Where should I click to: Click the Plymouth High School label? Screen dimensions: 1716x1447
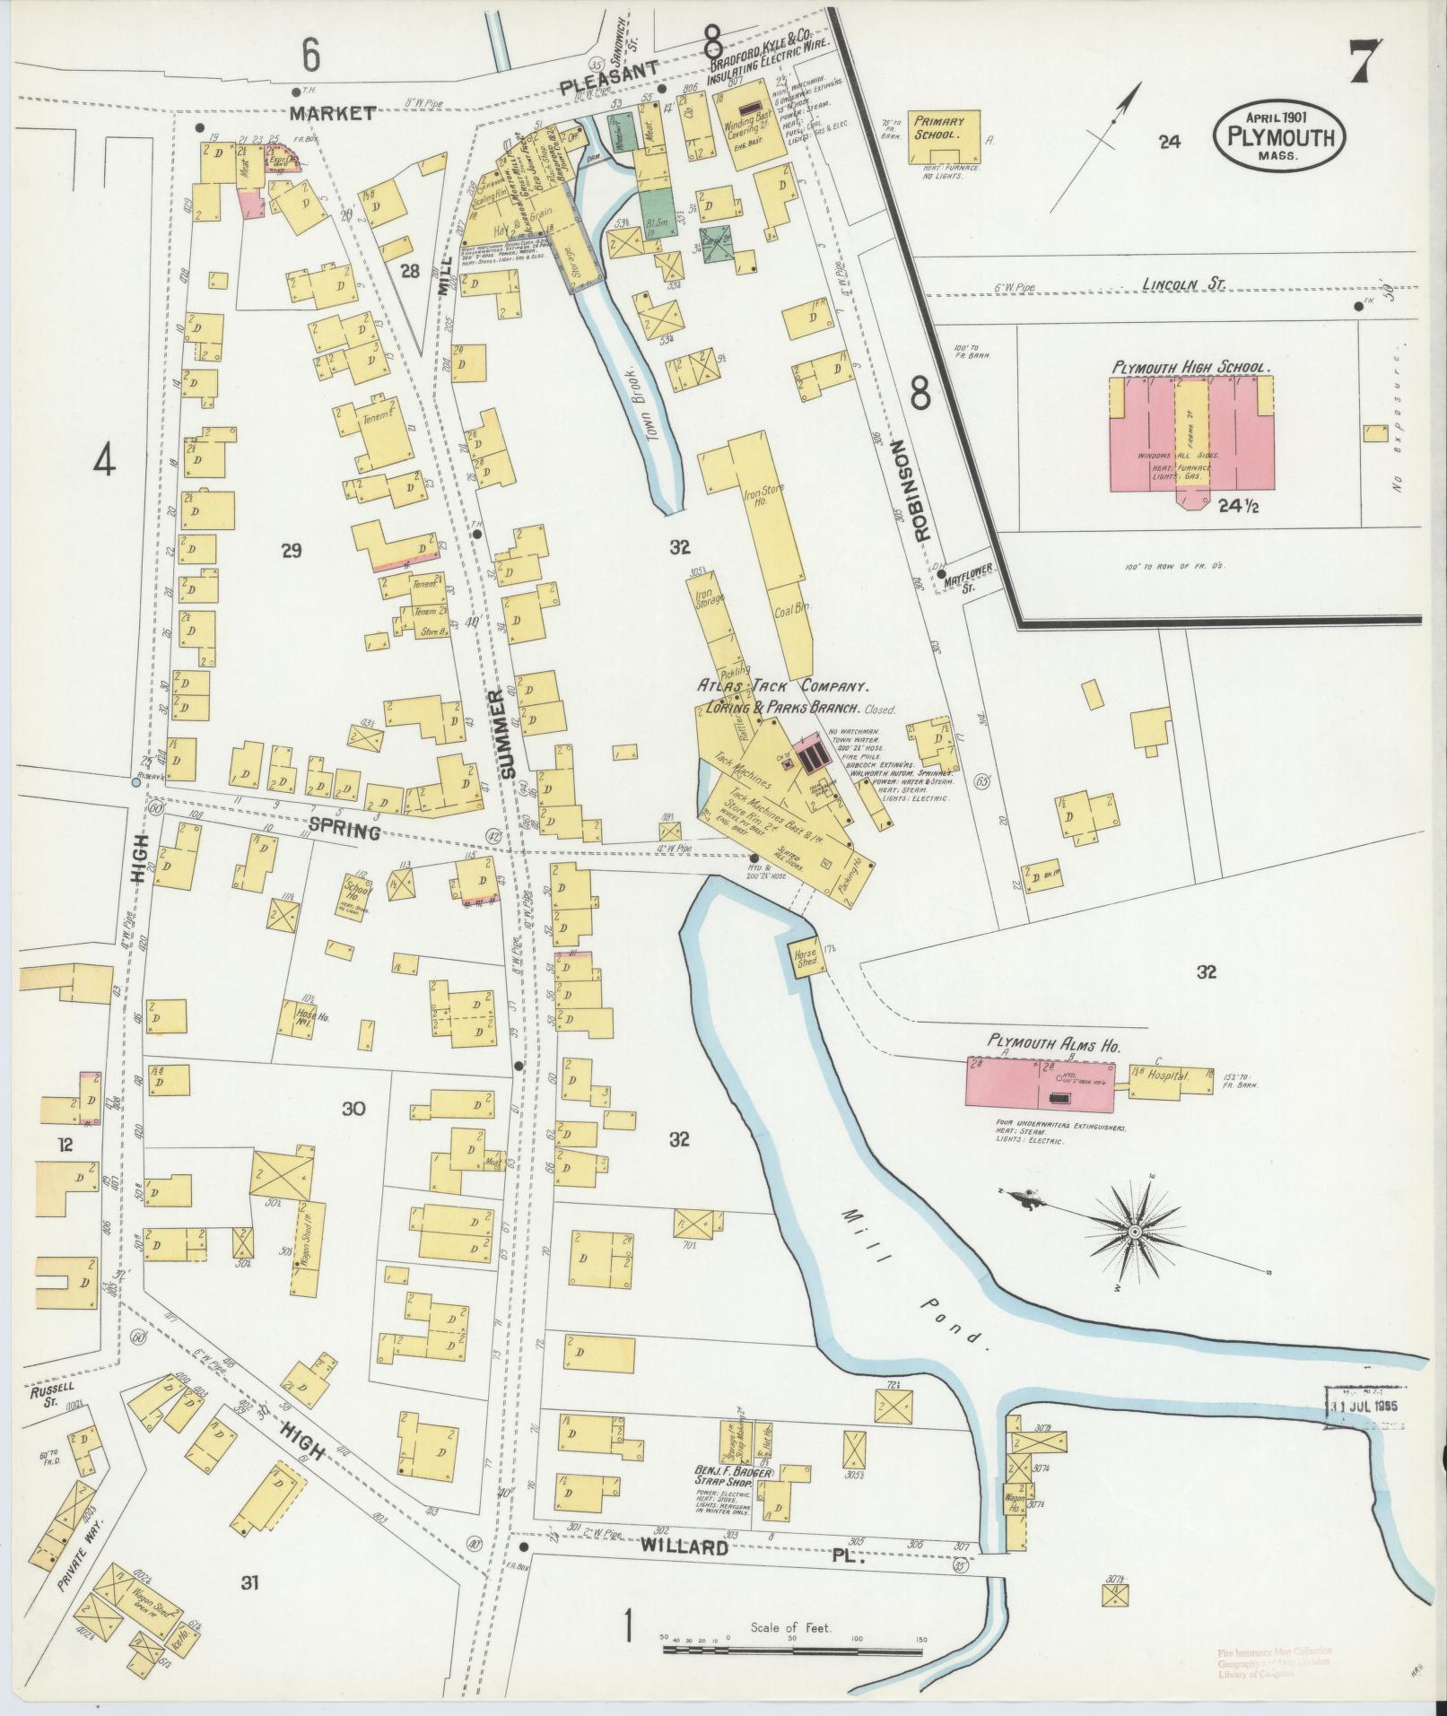(x=1190, y=368)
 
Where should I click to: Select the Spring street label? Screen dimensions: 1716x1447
(x=344, y=832)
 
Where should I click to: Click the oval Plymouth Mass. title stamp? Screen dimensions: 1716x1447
(x=1280, y=136)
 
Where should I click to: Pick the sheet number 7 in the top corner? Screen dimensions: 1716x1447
(x=1366, y=63)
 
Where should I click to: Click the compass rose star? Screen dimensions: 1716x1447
(x=1135, y=1233)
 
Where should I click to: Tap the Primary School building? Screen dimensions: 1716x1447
(x=943, y=136)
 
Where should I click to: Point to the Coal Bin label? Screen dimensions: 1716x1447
(x=791, y=607)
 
